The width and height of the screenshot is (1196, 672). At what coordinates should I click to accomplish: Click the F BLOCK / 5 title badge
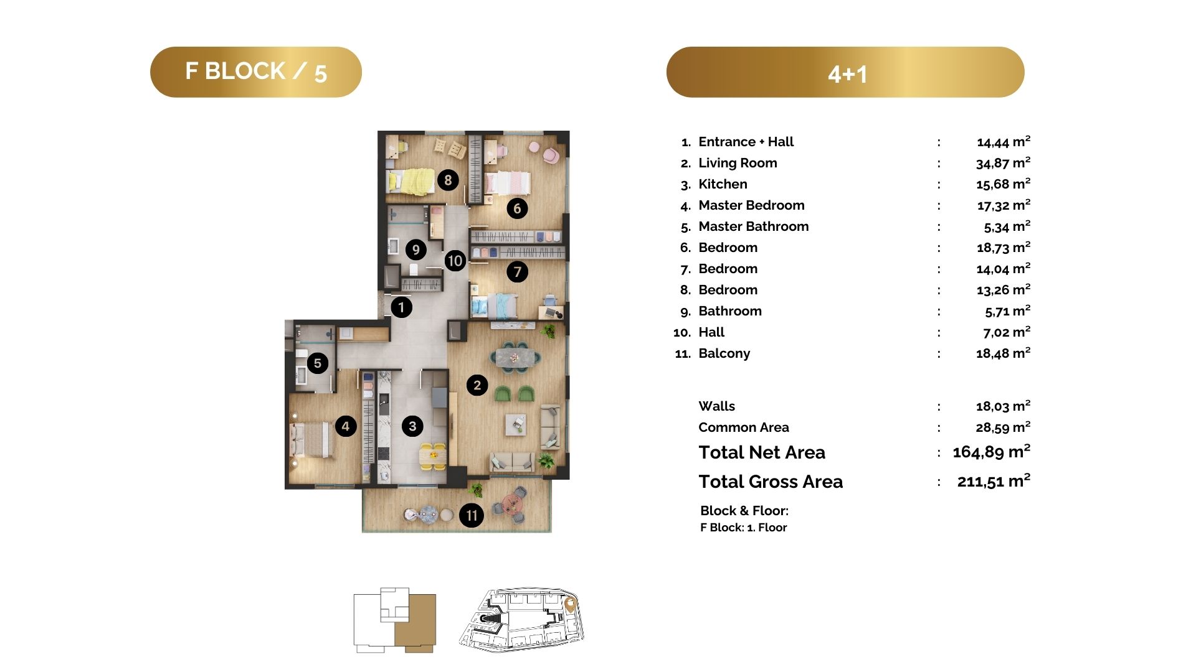coord(255,72)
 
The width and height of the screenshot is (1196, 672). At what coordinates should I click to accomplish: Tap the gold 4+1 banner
coord(845,72)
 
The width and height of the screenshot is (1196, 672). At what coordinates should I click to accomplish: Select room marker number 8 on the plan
coord(448,180)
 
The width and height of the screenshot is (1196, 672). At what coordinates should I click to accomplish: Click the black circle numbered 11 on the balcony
coord(472,515)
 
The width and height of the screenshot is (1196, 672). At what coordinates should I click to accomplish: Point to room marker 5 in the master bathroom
coord(318,363)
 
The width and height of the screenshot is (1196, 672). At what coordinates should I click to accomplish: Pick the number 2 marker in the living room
coord(477,385)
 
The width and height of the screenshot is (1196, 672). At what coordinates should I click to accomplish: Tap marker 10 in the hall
coord(455,261)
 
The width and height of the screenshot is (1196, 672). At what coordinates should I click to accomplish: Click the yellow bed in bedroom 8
coord(411,181)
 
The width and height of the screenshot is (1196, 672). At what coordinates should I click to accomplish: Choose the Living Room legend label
coord(738,163)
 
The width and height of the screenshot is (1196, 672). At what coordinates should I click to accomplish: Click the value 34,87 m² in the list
coord(1003,163)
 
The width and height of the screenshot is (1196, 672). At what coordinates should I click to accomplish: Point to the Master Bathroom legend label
coord(754,226)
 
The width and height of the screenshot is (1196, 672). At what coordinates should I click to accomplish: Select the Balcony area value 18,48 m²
coord(1003,353)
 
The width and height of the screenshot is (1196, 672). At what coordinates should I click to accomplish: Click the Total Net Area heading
coord(762,452)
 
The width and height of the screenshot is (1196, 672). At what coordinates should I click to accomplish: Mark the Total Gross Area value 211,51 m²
coord(994,481)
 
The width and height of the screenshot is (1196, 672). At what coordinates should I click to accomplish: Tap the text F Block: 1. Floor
coord(743,528)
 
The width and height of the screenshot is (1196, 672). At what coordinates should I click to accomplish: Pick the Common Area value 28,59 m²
coord(1003,427)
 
